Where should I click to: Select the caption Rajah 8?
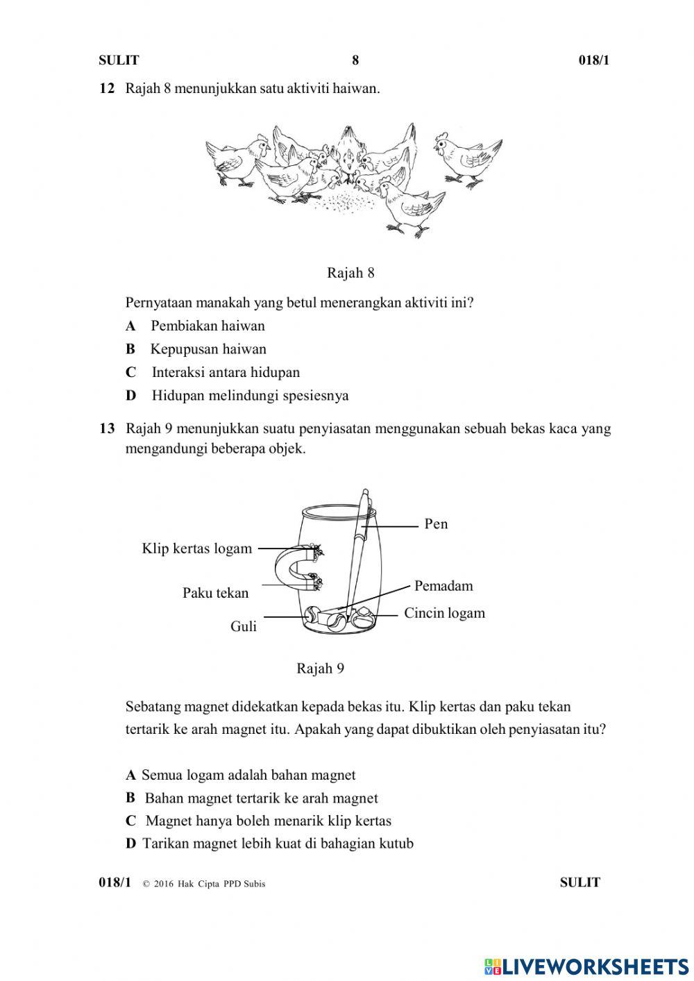[350, 273]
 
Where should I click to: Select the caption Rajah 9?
[320, 669]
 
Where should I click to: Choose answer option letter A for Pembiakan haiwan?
[130, 326]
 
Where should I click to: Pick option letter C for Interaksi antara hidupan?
[130, 373]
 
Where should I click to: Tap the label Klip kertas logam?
[196, 548]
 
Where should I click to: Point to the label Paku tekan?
[215, 593]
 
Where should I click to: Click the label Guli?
[244, 626]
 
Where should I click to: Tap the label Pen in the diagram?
[436, 524]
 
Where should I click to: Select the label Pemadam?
[443, 586]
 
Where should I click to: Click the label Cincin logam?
[444, 613]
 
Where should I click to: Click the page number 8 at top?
[355, 60]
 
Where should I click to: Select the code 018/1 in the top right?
[593, 60]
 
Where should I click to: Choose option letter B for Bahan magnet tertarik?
[130, 798]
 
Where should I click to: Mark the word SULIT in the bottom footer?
[579, 882]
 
